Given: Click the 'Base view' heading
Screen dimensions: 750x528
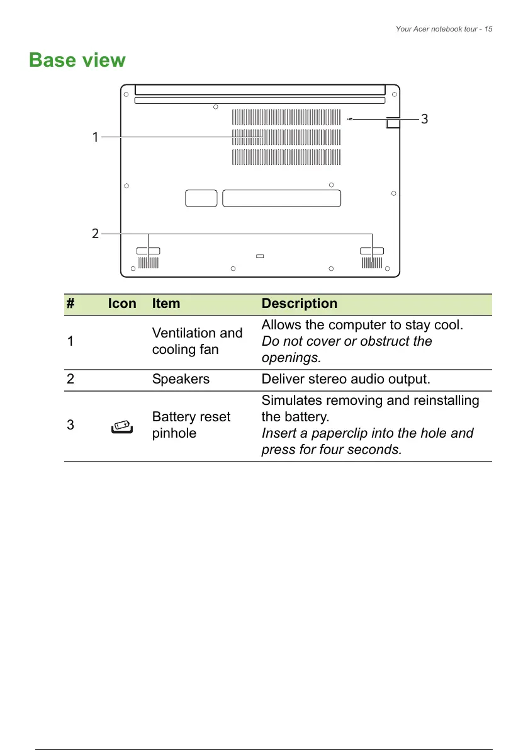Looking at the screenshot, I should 77,60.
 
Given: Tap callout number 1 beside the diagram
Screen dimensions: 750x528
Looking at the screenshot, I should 95,137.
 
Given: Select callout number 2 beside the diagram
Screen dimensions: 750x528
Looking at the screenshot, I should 95,234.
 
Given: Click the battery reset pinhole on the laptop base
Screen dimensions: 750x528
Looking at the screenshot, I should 350,118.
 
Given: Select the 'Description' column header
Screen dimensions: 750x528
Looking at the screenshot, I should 299,304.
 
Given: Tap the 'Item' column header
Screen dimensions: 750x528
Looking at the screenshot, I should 166,304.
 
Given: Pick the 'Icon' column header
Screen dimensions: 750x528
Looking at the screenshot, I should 122,304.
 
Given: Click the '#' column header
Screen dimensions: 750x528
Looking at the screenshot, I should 70,304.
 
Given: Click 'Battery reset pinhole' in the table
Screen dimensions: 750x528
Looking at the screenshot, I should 191,425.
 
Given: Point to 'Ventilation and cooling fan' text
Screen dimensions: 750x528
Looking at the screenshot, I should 197,341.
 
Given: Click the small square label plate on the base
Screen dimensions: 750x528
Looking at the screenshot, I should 201,198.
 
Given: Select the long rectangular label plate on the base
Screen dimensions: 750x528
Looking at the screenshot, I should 281,198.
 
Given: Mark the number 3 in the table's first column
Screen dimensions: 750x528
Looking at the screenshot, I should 70,425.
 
